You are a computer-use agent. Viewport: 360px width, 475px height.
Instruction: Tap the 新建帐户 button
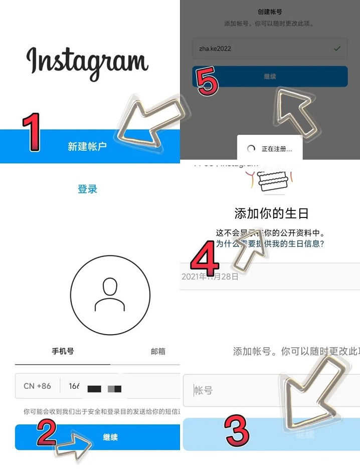(87, 146)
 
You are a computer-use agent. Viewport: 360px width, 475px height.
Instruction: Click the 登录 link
(87, 189)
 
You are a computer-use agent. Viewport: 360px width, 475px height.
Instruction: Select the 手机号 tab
(63, 351)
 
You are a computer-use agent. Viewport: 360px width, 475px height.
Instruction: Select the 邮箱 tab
(158, 351)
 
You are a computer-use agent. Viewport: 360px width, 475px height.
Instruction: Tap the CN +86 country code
(37, 386)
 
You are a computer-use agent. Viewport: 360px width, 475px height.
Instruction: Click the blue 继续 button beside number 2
(110, 437)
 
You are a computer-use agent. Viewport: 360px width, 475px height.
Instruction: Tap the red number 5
(208, 82)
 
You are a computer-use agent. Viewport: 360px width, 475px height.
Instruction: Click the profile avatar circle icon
(110, 295)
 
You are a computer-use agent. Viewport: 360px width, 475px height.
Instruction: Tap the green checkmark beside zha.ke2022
(337, 49)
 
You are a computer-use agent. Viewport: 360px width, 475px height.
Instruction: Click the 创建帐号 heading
(270, 12)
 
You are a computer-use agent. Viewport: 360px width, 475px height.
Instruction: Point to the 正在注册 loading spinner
(251, 149)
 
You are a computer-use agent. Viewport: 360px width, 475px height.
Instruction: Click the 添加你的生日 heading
(271, 213)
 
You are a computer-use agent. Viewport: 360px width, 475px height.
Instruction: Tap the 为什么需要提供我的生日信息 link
(270, 244)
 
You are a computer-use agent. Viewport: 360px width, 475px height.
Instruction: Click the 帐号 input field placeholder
(204, 390)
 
